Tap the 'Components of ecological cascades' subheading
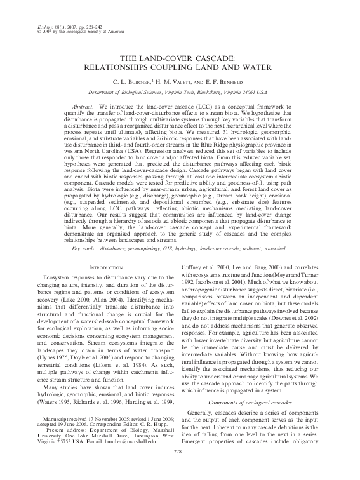click(255, 403)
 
